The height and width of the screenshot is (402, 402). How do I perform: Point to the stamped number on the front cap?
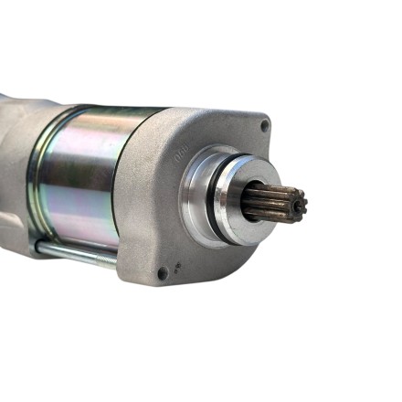tap(181, 155)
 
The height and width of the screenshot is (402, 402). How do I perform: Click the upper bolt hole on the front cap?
tap(265, 125)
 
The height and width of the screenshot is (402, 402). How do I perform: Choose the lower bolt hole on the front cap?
tap(163, 272)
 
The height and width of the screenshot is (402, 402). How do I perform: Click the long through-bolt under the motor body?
tap(78, 253)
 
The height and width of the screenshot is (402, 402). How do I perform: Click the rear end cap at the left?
tap(18, 164)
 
